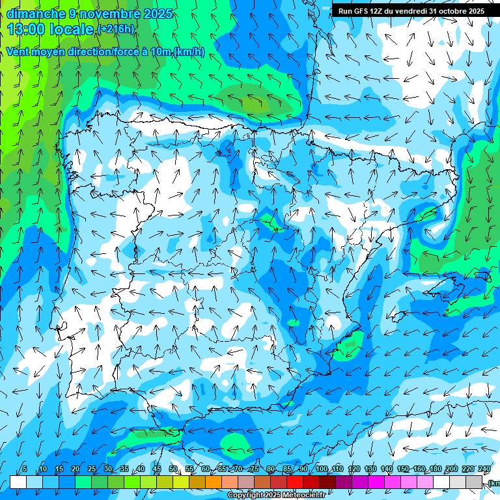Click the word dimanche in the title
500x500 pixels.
pos(36,14)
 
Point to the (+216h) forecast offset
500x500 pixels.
pos(115,29)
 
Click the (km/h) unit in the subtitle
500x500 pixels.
pos(189,52)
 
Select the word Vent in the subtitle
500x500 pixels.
pos(18,52)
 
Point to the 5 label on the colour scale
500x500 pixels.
pos(25,469)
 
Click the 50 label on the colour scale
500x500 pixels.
pos(173,469)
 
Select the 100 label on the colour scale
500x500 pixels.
pos(322,469)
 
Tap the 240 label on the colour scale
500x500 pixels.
pos(484,469)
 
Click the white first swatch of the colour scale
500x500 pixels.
pos(18,482)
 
